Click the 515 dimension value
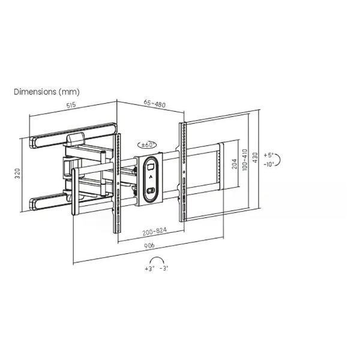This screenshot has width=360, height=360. click(71, 105)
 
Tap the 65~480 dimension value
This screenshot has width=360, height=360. click(155, 104)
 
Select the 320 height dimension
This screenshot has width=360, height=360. click(17, 173)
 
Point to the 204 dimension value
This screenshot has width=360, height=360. click(235, 163)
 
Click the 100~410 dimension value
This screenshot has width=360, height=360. click(245, 160)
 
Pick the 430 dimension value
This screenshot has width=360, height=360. click(255, 157)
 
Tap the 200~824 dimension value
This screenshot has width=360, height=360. click(155, 231)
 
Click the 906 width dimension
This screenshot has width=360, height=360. click(149, 245)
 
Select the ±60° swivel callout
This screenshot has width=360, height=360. click(147, 145)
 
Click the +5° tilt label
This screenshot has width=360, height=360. click(268, 155)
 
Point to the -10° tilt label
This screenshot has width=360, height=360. click(269, 164)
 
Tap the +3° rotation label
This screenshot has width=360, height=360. click(149, 268)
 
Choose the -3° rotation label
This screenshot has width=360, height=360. click(164, 268)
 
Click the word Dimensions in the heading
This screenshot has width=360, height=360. click(35, 92)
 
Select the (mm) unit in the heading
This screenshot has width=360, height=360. click(69, 92)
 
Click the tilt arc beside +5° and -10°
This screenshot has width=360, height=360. click(280, 160)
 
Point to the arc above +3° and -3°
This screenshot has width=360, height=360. click(157, 257)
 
